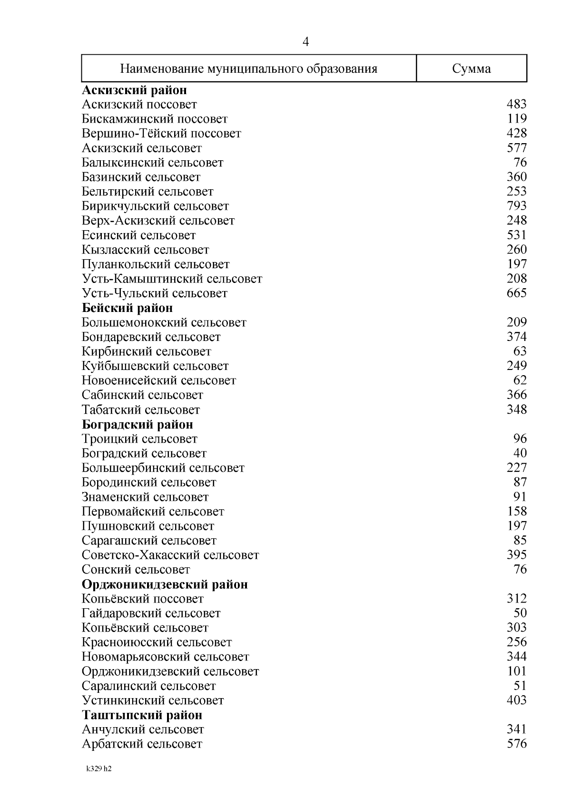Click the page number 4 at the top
click(x=306, y=42)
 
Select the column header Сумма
click(x=471, y=69)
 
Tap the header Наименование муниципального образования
click(x=248, y=69)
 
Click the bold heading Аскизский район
click(x=134, y=90)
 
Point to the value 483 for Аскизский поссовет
click(x=516, y=104)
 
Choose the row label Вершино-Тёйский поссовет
click(x=161, y=134)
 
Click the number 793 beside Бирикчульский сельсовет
click(x=516, y=206)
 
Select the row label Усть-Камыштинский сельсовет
click(x=172, y=279)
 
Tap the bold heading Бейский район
click(x=127, y=308)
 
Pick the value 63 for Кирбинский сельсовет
click(x=520, y=351)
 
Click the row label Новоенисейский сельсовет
click(x=159, y=380)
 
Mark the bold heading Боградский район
click(x=138, y=424)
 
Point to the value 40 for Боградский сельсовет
click(x=520, y=453)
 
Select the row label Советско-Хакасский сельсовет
click(x=170, y=555)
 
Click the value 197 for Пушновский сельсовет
click(x=516, y=526)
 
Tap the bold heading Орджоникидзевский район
click(x=165, y=584)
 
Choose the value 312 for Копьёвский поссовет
click(x=516, y=599)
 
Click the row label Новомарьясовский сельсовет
click(x=165, y=657)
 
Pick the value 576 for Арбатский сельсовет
click(x=516, y=744)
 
